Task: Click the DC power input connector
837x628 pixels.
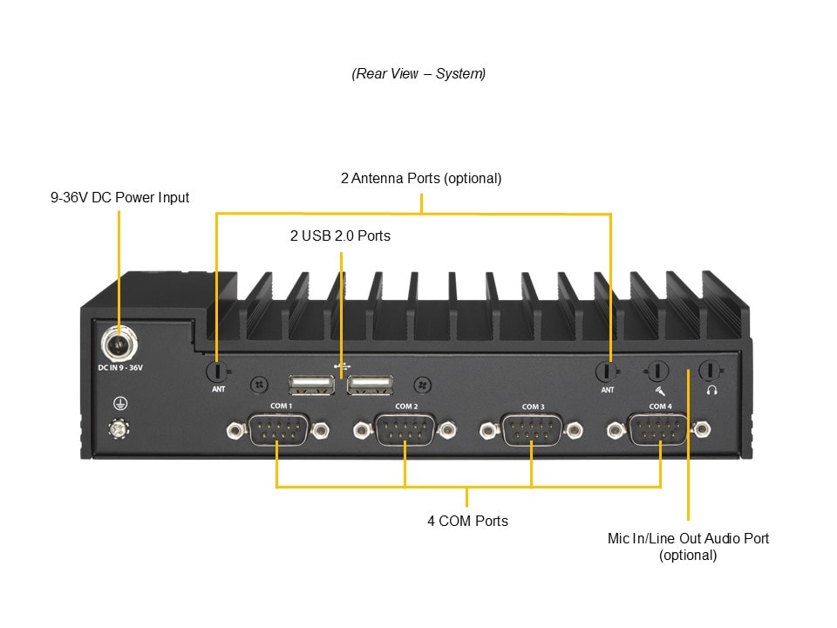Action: click(x=119, y=344)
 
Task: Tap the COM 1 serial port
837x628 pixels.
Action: click(x=276, y=429)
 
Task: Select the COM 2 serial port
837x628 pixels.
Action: click(x=405, y=429)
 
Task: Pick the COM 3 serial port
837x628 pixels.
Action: click(x=532, y=429)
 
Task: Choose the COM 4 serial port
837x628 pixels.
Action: click(x=659, y=429)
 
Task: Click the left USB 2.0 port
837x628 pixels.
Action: click(x=311, y=385)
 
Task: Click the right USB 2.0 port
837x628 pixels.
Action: click(x=370, y=385)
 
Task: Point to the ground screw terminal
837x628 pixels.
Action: click(x=119, y=428)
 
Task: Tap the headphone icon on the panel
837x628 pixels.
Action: click(x=711, y=391)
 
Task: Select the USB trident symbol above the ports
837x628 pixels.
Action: click(x=341, y=366)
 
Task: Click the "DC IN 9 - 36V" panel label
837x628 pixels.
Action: click(x=119, y=368)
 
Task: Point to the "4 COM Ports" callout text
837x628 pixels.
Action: click(x=467, y=521)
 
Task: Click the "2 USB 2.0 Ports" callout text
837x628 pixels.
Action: click(x=340, y=235)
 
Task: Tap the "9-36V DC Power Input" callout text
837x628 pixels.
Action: click(x=119, y=198)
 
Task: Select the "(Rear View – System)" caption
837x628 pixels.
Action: click(x=418, y=73)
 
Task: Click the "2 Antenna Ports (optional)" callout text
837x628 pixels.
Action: click(x=421, y=178)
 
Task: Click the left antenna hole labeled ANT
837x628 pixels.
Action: click(x=217, y=371)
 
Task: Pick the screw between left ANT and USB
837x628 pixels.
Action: click(x=258, y=384)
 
